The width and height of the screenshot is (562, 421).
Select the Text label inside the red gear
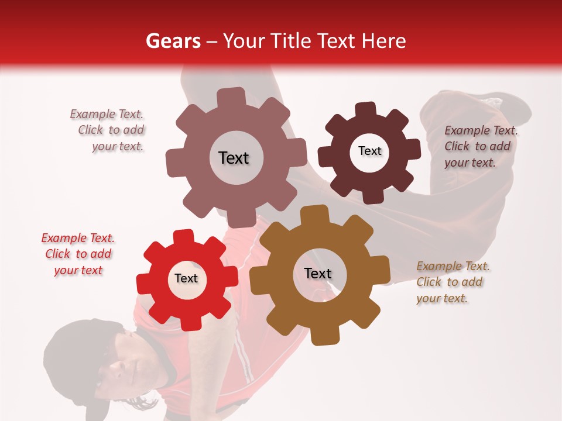186,279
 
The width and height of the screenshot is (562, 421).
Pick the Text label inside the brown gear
318,274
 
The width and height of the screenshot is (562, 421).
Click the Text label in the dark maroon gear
369,151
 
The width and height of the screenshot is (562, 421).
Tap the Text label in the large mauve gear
234,158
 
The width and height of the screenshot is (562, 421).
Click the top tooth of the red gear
184,237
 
